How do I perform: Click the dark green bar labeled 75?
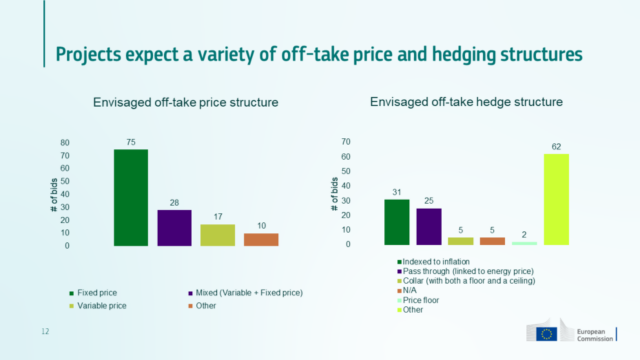(130, 197)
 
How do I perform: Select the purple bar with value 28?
(174, 227)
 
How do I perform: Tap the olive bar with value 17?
(217, 234)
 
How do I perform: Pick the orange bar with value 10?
(261, 239)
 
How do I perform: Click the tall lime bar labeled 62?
(556, 199)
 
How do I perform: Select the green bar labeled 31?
(397, 222)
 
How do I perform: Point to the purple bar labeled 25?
(429, 226)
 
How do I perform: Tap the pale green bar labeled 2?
(524, 243)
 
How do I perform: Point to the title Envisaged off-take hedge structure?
(466, 102)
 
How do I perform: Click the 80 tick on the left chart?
(65, 142)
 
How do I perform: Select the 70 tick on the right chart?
(346, 141)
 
